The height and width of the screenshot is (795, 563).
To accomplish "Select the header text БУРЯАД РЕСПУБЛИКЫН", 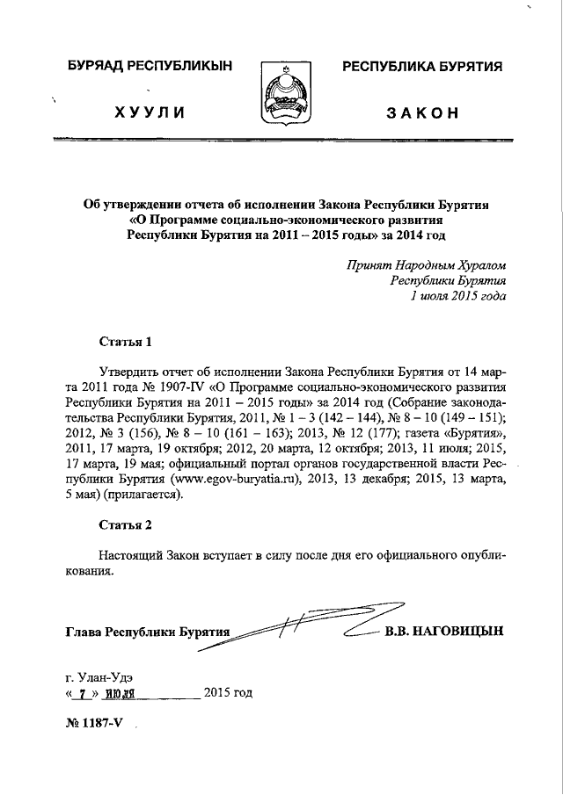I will point(150,66).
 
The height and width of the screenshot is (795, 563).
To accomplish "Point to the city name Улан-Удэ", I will point(106,676).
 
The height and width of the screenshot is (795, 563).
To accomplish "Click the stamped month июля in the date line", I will point(117,694).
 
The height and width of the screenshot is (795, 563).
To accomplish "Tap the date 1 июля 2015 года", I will point(452,296).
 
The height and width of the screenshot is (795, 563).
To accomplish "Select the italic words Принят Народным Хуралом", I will point(427,264).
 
